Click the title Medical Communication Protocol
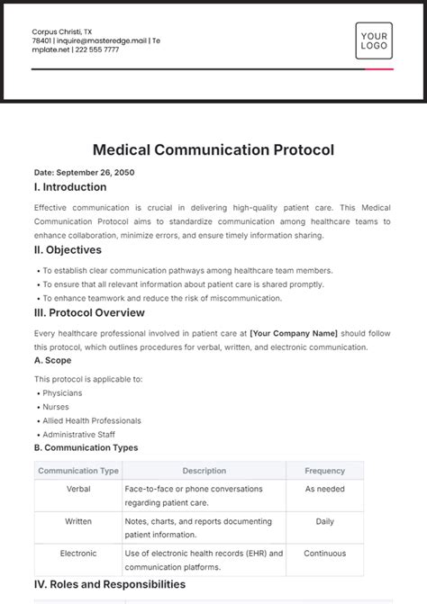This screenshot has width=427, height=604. (x=213, y=149)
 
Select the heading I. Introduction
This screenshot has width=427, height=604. (x=69, y=187)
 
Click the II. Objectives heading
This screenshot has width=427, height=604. (x=67, y=250)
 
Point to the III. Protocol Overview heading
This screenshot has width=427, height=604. (x=88, y=312)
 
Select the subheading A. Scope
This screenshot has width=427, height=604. (x=54, y=362)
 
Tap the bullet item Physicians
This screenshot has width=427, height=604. (x=61, y=393)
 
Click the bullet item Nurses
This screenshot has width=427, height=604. (x=56, y=407)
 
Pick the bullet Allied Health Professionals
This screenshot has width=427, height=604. (x=92, y=420)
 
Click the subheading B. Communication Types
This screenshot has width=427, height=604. (x=86, y=447)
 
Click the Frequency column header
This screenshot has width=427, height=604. (x=324, y=471)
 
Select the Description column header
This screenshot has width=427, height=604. (x=204, y=471)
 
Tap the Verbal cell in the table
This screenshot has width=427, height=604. (x=78, y=489)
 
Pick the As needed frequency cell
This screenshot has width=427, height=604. (x=324, y=489)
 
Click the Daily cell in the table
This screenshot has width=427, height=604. (x=324, y=521)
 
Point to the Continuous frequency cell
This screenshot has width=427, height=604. (x=324, y=553)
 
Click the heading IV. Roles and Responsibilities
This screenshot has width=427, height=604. (x=109, y=585)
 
